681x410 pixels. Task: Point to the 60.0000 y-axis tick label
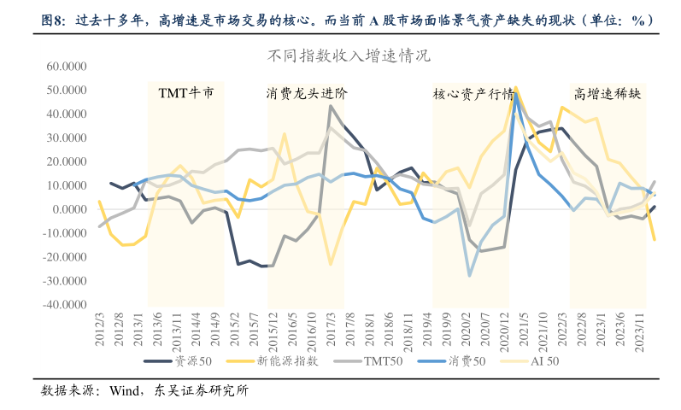click(x=68, y=66)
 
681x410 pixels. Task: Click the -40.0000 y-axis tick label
click(x=67, y=304)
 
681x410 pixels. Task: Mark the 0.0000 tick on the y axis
click(x=73, y=209)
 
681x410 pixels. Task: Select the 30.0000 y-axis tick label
click(x=68, y=138)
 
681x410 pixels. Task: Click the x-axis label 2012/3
click(x=100, y=327)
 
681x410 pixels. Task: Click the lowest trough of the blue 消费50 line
click(x=469, y=275)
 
